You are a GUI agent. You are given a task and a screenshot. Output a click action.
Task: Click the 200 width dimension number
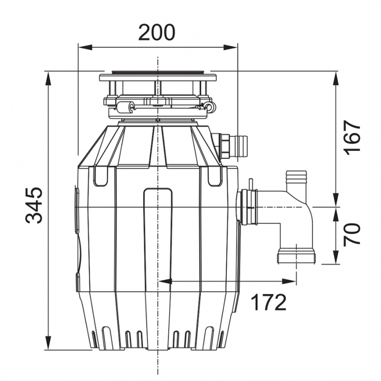pyautogui.click(x=157, y=32)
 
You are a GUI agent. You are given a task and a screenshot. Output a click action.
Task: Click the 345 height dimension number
pyautogui.click(x=34, y=205)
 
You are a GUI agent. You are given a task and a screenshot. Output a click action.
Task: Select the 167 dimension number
pyautogui.click(x=352, y=138)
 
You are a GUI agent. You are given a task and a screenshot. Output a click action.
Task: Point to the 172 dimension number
pyautogui.click(x=269, y=302)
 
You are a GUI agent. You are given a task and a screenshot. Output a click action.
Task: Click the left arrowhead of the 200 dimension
pyautogui.click(x=85, y=48)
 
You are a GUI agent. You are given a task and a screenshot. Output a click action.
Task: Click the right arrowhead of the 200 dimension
pyautogui.click(x=230, y=48)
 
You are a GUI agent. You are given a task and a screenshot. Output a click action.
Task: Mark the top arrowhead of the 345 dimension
pyautogui.click(x=49, y=78)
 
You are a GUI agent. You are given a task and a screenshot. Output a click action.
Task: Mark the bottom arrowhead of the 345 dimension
pyautogui.click(x=49, y=343)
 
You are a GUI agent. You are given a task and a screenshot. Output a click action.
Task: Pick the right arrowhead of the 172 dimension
pyautogui.click(x=289, y=281)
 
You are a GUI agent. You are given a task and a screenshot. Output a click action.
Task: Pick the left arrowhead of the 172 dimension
pyautogui.click(x=165, y=281)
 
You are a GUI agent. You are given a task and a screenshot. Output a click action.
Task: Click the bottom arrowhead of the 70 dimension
pyautogui.click(x=336, y=257)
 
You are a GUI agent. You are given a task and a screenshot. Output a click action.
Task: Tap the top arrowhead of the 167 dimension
pyautogui.click(x=336, y=78)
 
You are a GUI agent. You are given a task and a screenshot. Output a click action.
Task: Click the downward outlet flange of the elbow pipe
pyautogui.click(x=297, y=256)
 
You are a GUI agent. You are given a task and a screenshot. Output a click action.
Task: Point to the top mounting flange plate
pyautogui.click(x=158, y=77)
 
